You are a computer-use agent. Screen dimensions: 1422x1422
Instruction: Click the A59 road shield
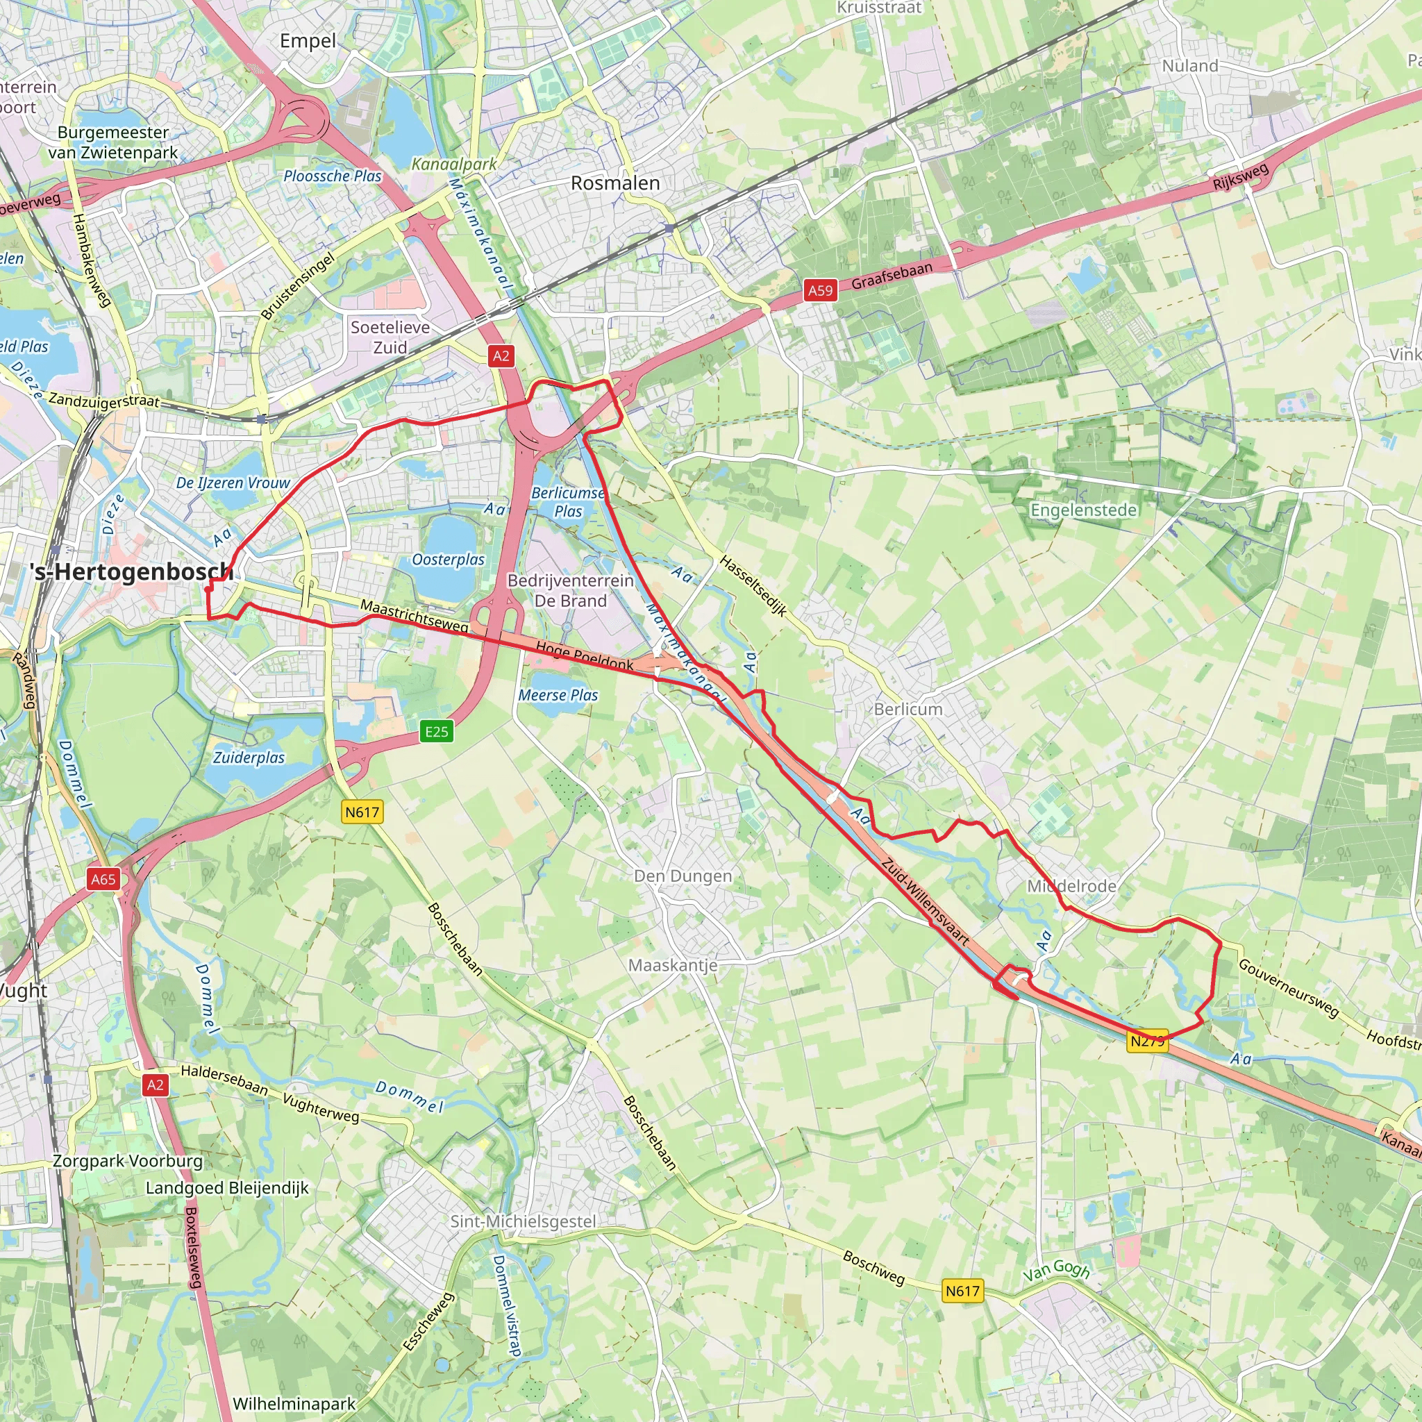point(820,290)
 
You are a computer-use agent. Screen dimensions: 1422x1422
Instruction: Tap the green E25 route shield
point(437,732)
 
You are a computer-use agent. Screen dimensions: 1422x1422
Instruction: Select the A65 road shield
point(103,879)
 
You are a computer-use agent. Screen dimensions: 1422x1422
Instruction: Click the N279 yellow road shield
point(1147,1041)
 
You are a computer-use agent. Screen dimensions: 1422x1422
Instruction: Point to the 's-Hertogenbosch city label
point(132,572)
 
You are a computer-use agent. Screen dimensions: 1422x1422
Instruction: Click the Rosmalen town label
point(615,183)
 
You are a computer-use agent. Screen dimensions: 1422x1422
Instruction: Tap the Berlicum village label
point(908,710)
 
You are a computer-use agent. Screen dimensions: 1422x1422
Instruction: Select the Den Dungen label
point(683,876)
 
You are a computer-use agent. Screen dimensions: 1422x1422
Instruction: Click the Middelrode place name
point(1071,886)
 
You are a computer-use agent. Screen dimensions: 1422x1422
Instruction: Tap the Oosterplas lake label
point(449,560)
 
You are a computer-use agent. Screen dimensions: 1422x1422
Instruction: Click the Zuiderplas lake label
point(249,758)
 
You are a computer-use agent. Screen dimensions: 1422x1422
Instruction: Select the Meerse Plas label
point(558,696)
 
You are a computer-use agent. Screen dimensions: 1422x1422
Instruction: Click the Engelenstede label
point(1083,510)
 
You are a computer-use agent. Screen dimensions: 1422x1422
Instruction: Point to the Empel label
point(308,41)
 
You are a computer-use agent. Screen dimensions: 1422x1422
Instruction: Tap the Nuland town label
point(1190,66)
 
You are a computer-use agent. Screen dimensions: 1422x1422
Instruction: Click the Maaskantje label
point(673,965)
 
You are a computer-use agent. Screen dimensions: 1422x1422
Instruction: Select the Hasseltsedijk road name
point(753,586)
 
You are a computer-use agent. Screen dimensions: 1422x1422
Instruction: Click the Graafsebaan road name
point(892,275)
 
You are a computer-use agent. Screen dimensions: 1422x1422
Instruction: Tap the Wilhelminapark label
point(294,1403)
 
